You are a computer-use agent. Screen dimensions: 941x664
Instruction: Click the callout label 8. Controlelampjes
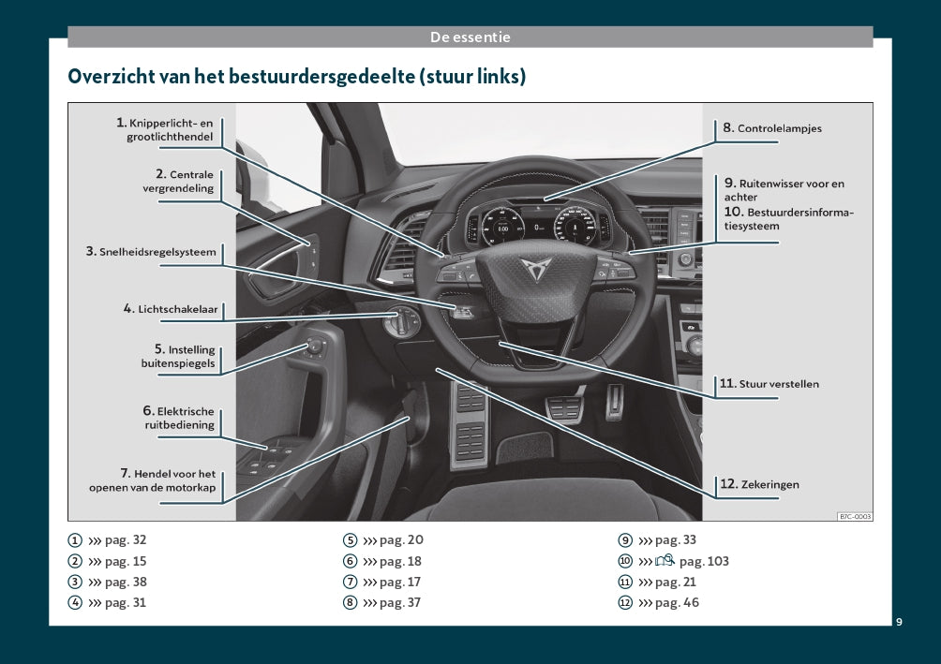point(771,127)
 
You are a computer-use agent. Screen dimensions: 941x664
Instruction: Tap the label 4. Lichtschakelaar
point(171,309)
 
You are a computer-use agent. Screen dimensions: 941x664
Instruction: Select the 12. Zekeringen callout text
point(759,484)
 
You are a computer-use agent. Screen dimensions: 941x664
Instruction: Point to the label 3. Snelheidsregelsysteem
point(151,251)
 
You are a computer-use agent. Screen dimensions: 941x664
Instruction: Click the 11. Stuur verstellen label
point(769,384)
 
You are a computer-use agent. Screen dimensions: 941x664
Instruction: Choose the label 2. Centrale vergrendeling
point(178,181)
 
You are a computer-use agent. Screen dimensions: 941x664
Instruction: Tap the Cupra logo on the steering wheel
point(535,269)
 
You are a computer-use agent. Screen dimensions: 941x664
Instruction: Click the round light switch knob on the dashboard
point(401,322)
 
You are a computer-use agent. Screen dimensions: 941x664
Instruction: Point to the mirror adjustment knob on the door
point(315,347)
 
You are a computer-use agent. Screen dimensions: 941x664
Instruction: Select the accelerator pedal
point(614,401)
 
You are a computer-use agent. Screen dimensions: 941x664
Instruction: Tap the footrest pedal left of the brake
point(470,424)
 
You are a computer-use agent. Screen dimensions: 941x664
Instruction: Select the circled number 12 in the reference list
point(625,603)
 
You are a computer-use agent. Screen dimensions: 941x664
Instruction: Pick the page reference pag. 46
point(677,603)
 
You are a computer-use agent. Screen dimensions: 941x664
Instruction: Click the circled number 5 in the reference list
point(351,540)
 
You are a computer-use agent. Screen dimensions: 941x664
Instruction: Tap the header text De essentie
point(470,37)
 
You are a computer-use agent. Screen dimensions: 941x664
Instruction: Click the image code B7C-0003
point(855,516)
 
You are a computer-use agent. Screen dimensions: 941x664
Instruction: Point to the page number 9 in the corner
point(899,622)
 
